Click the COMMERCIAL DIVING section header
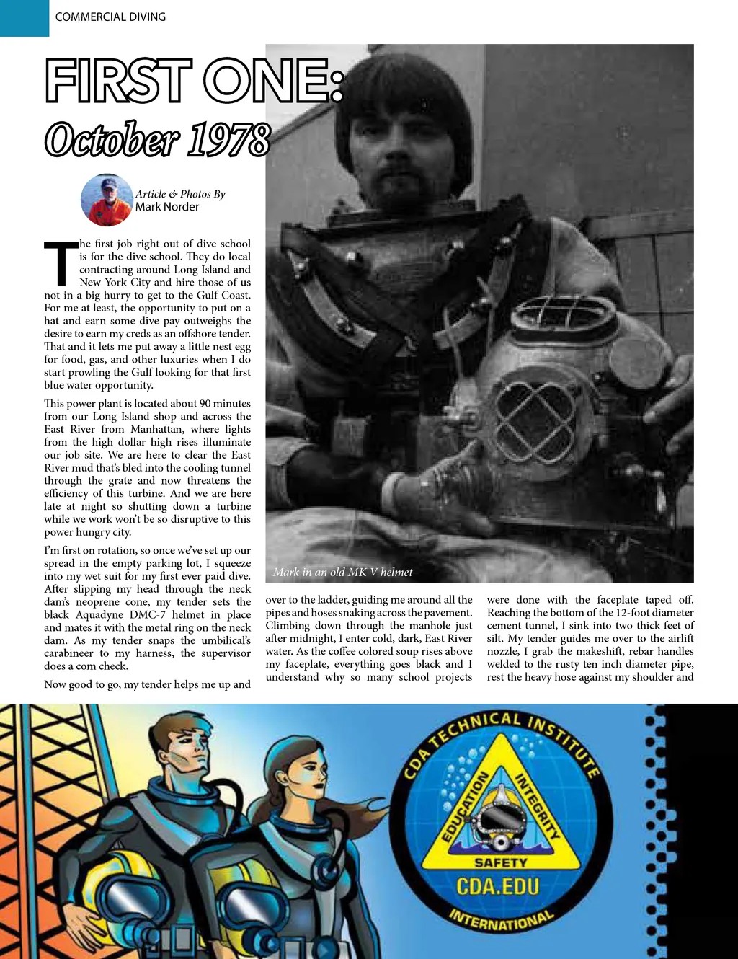110,17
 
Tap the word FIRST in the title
119,81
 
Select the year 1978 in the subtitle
229,140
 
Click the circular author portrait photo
107,200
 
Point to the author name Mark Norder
167,207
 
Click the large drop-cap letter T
61,263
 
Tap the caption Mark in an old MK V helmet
343,573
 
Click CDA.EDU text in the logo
498,886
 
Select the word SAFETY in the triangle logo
501,862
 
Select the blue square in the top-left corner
24,17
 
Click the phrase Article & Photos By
180,194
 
